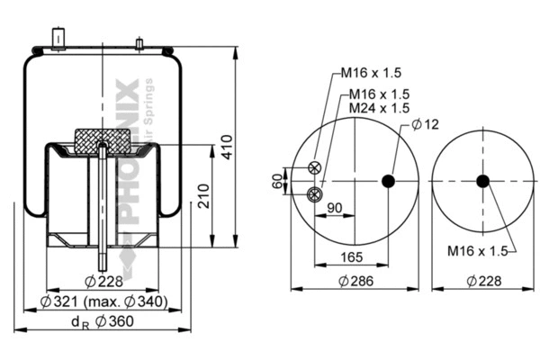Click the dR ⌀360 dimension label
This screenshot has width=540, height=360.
[x=100, y=322]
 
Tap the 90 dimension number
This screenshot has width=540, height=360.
[x=334, y=209]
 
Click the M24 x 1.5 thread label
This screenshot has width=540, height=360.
[x=379, y=108]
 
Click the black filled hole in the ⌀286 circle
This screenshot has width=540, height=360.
[x=389, y=181]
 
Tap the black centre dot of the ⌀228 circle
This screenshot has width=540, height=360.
[x=482, y=181]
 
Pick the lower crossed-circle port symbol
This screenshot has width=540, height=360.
[x=313, y=193]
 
